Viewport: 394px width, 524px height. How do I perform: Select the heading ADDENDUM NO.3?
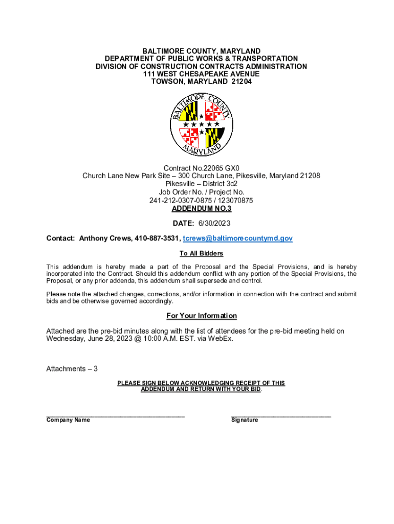tap(202, 209)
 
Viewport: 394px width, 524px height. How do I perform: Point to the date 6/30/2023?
tap(215, 224)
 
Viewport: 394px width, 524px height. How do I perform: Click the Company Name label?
tap(68, 420)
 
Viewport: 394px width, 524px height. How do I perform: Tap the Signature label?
tap(245, 420)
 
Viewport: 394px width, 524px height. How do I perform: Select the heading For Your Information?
tap(202, 316)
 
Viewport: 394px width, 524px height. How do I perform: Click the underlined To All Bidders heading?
tap(202, 254)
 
